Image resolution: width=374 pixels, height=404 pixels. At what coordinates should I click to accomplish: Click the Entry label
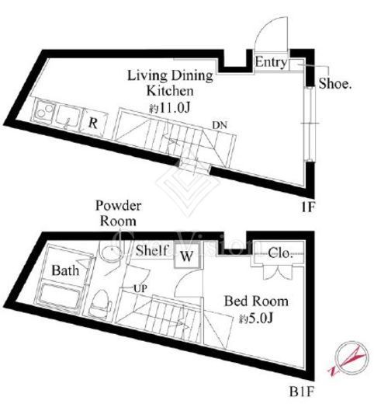(x=271, y=62)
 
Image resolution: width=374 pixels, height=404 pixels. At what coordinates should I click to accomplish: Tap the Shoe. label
(x=335, y=84)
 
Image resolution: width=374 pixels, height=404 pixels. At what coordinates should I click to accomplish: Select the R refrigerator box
(x=94, y=123)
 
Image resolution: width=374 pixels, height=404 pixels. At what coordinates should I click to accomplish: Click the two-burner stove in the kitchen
(x=43, y=112)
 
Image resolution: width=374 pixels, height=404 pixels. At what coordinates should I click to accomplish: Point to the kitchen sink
(x=68, y=117)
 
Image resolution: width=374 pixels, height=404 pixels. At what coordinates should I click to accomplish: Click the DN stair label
(x=220, y=126)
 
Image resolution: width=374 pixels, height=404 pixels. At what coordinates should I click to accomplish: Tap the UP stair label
(x=140, y=289)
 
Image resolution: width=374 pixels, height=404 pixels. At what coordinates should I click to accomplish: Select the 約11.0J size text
(x=169, y=108)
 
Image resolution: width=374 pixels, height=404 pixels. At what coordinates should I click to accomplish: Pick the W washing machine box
(x=187, y=256)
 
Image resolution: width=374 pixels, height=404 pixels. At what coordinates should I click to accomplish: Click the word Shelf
(x=151, y=250)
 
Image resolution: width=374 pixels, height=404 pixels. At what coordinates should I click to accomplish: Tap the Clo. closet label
(x=280, y=253)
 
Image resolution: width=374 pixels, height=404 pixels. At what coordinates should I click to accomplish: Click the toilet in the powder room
(x=100, y=303)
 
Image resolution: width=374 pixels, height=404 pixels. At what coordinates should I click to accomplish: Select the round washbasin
(x=112, y=251)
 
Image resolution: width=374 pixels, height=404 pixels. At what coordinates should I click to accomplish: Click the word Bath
(x=65, y=270)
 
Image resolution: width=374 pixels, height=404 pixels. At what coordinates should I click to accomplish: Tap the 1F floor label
(x=308, y=207)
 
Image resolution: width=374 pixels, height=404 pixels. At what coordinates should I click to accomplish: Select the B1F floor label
(x=302, y=392)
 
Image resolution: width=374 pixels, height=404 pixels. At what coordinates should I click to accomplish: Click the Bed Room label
(x=256, y=301)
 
